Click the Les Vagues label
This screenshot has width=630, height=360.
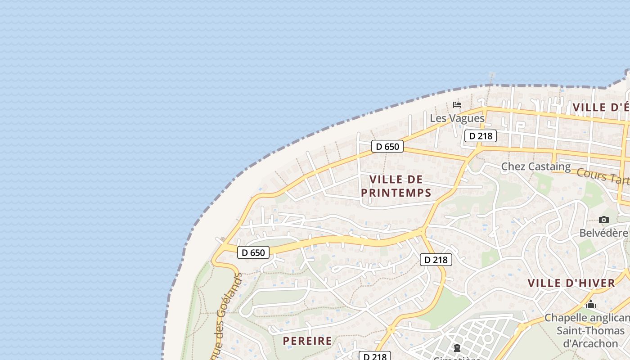click(x=457, y=118)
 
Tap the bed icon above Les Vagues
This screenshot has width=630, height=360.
click(x=457, y=105)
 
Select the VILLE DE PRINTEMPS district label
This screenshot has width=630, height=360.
click(x=396, y=186)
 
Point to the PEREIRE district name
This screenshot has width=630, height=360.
click(x=307, y=341)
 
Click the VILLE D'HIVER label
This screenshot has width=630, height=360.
click(x=571, y=283)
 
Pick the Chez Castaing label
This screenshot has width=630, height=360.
click(x=535, y=166)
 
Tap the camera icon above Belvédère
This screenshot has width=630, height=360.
click(x=604, y=220)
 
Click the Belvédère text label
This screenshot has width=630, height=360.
click(x=603, y=233)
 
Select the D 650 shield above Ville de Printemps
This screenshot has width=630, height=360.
click(x=387, y=146)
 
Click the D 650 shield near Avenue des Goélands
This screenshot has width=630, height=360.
click(x=253, y=252)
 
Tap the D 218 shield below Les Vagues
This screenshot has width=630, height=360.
click(x=481, y=135)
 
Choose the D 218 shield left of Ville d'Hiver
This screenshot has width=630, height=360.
click(x=436, y=259)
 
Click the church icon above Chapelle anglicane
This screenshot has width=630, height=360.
click(x=591, y=305)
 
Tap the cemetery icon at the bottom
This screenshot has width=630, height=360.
click(x=457, y=348)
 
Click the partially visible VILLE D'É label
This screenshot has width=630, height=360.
click(x=601, y=107)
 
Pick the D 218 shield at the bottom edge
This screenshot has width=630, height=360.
click(x=375, y=356)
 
